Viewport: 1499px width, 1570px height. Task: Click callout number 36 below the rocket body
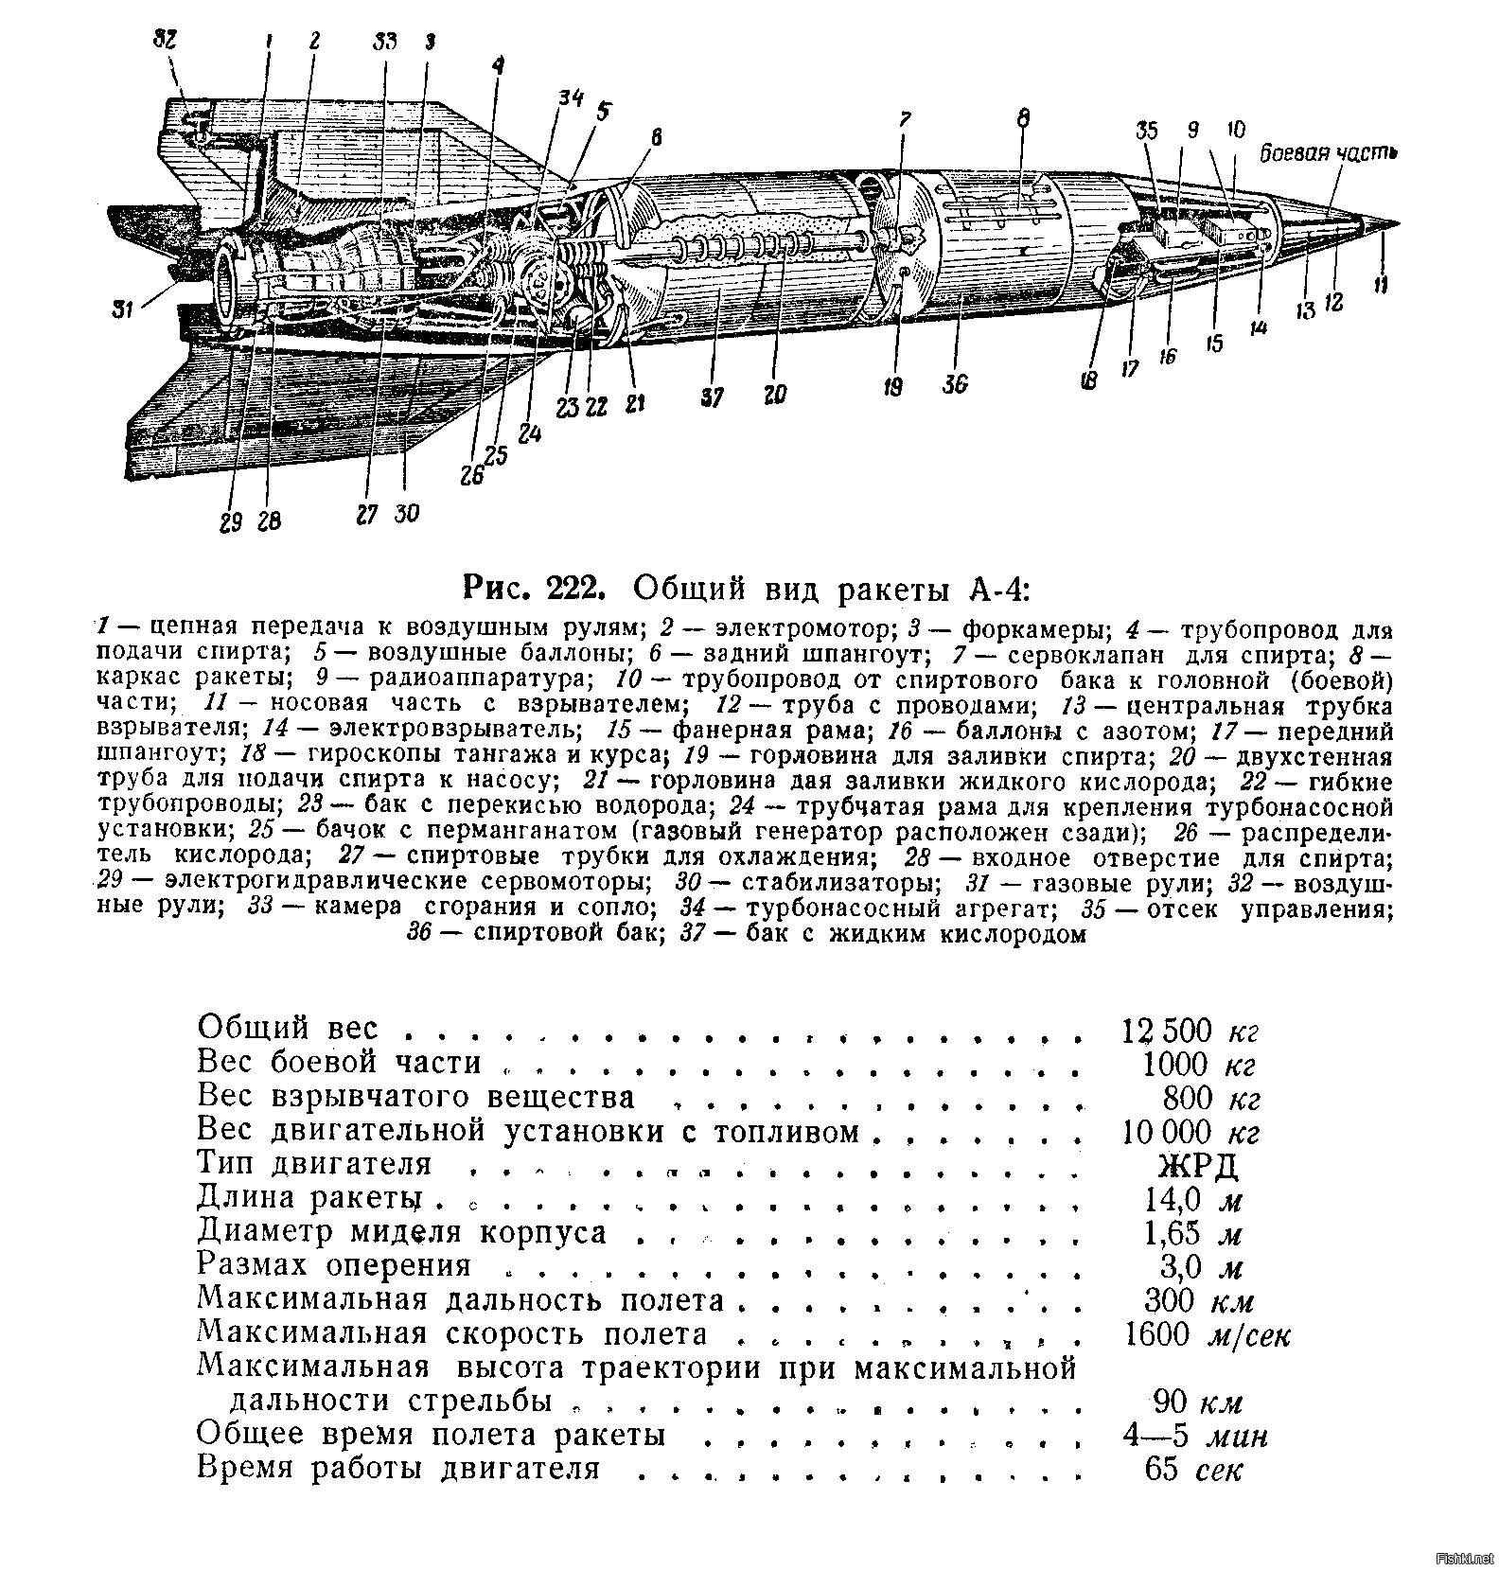coord(955,384)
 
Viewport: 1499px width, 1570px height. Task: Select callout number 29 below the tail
coord(232,522)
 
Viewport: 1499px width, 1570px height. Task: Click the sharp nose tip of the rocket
coord(1395,223)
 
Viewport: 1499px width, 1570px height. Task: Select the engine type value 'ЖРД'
coord(1197,1164)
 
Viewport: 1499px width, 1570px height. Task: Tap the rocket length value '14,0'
coord(1173,1199)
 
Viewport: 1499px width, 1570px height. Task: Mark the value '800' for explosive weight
coord(1187,1098)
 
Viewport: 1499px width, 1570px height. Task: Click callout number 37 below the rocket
coord(712,397)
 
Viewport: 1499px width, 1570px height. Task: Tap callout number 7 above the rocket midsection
coord(905,120)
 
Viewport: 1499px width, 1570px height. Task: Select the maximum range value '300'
coord(1171,1299)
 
